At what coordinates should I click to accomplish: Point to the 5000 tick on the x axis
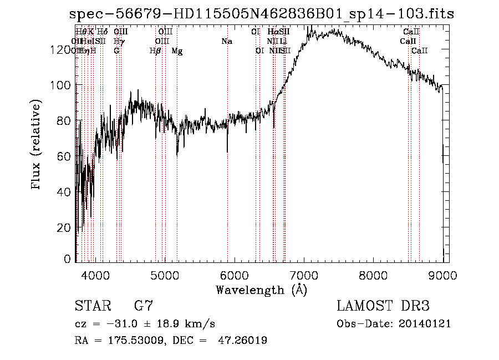[165, 275]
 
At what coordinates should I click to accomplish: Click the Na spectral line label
[226, 42]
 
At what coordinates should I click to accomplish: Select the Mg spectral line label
[177, 51]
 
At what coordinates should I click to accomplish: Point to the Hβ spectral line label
[155, 51]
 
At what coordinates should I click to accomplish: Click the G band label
[116, 51]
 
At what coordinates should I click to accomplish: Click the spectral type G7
[143, 306]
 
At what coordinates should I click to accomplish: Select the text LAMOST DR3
[383, 306]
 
